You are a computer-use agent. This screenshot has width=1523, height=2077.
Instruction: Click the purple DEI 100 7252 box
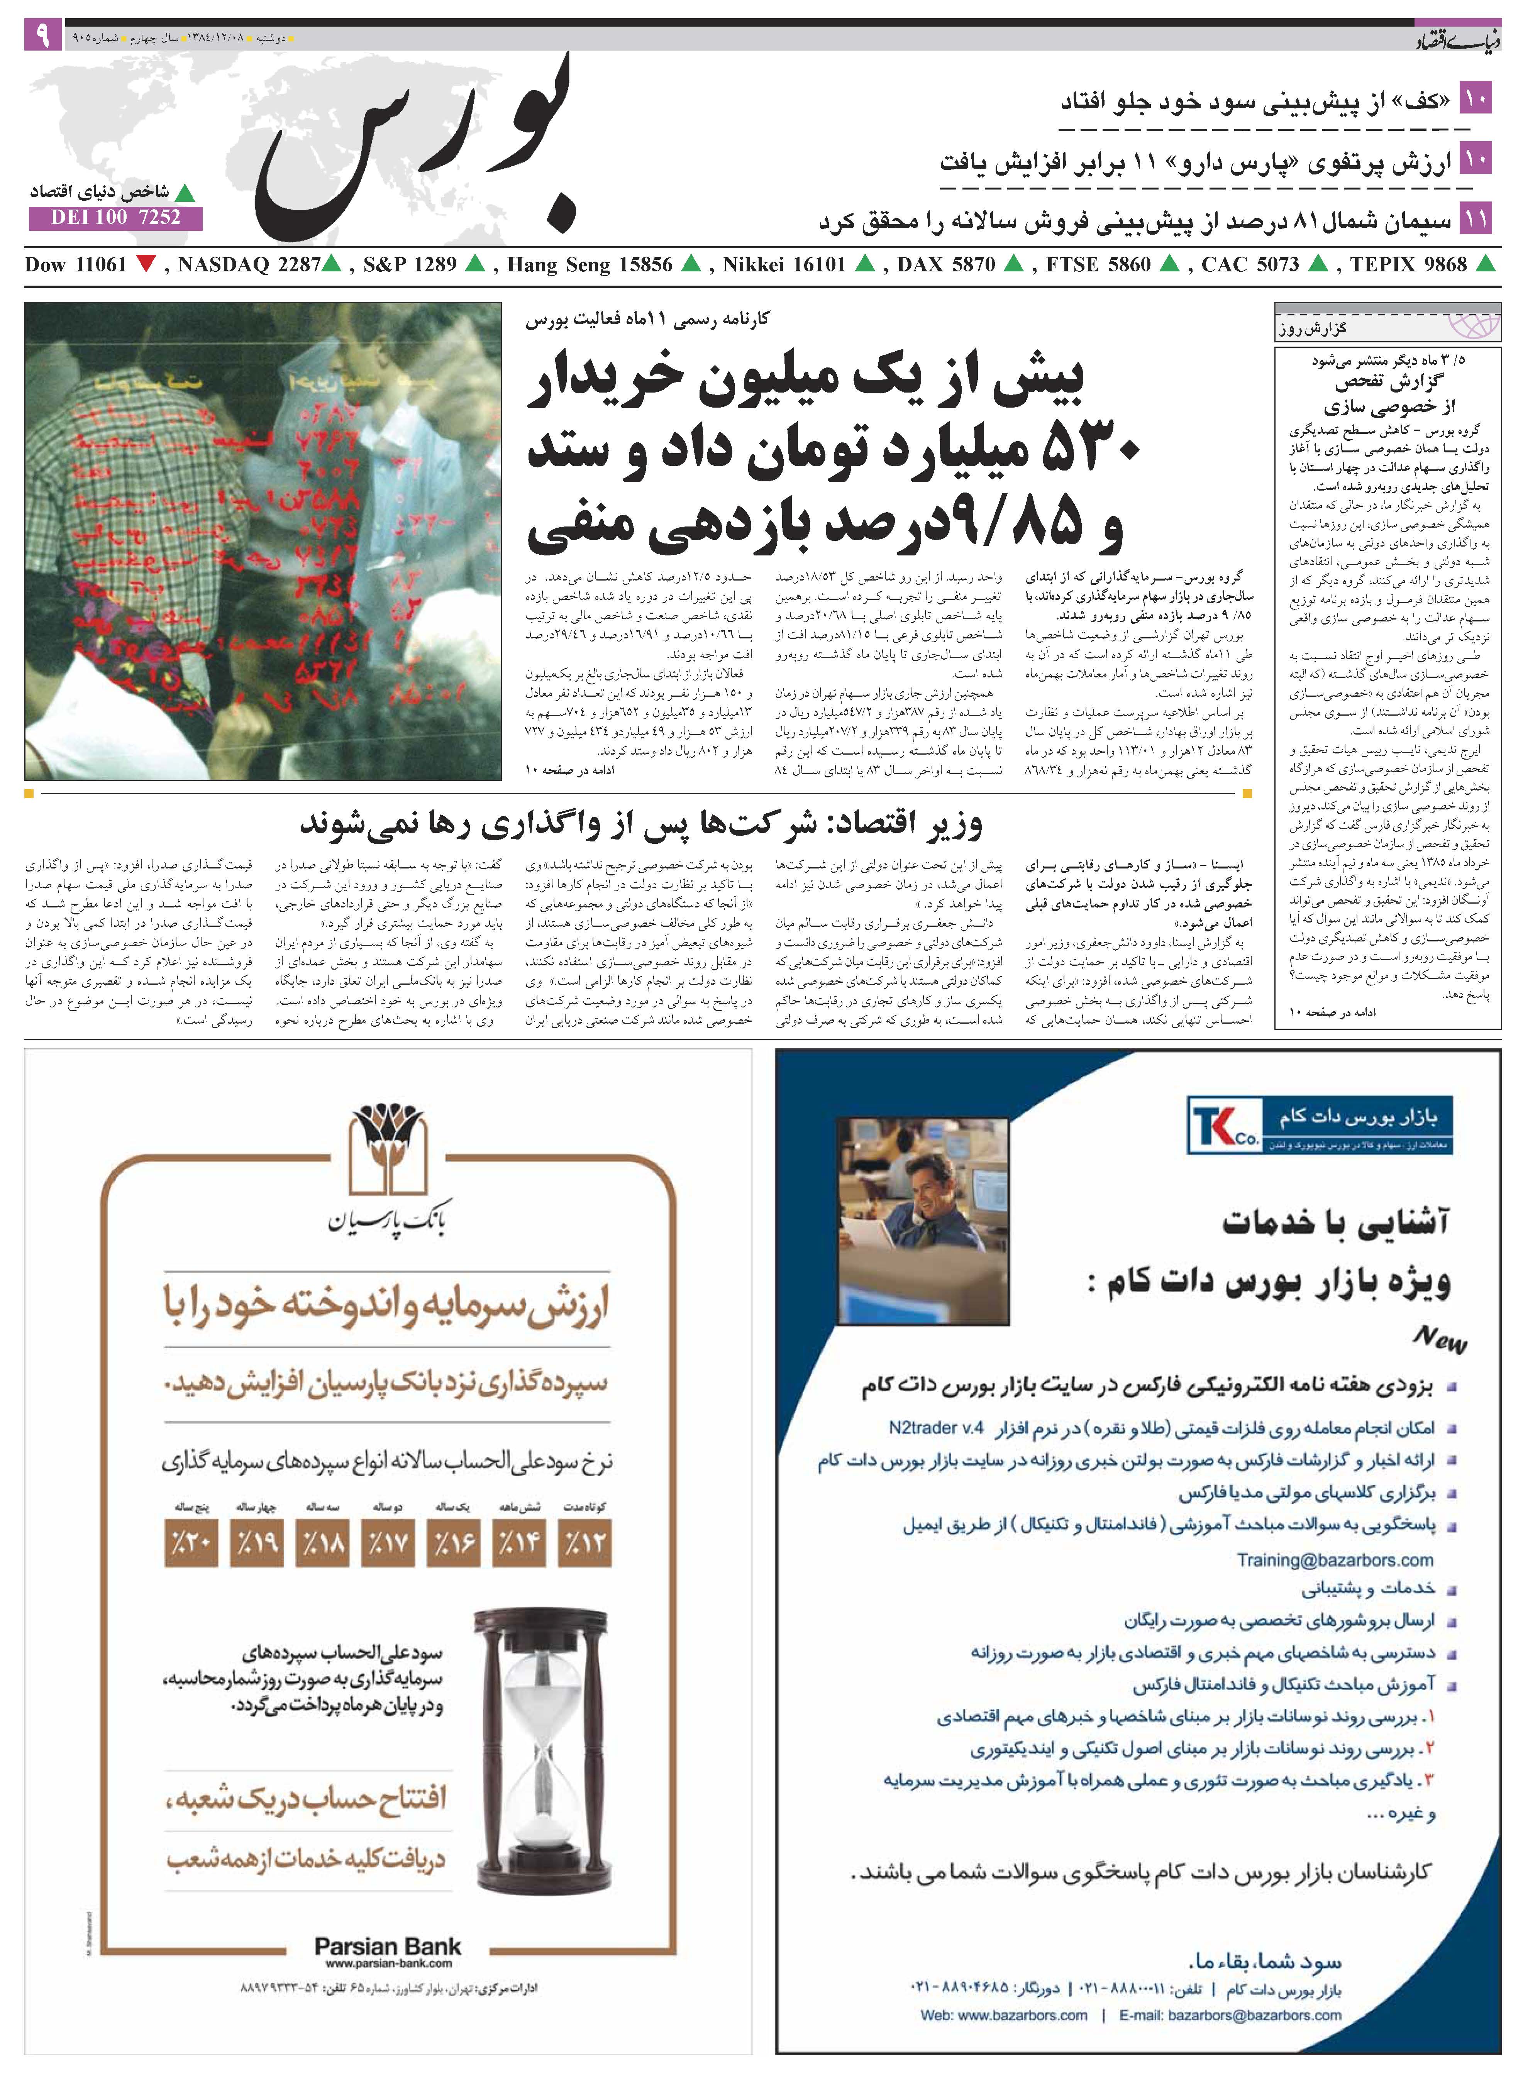(x=115, y=218)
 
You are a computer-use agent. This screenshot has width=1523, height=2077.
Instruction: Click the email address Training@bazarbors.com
(x=1335, y=1560)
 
